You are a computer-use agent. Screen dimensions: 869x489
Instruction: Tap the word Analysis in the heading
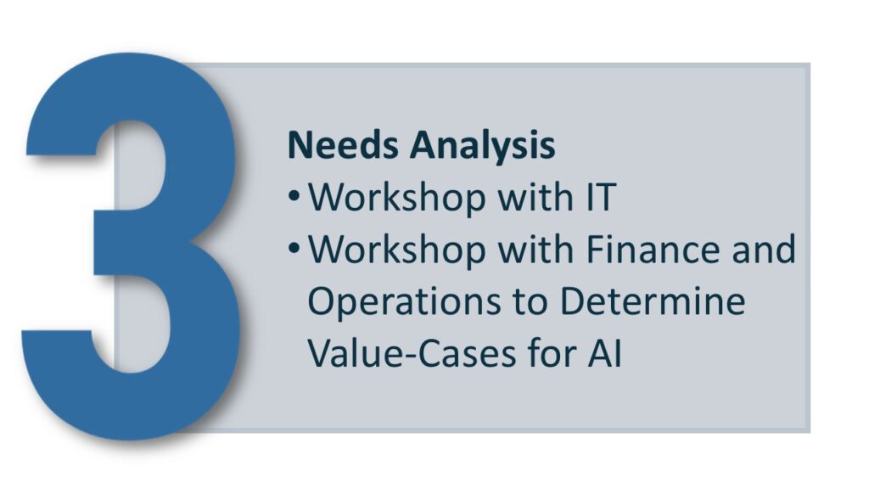482,146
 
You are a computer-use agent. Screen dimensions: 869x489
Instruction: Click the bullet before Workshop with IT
294,196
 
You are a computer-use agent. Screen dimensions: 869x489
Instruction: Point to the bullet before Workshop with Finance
294,249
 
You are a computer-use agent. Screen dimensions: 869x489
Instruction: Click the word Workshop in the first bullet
397,197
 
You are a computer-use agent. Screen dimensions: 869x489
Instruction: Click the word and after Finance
764,249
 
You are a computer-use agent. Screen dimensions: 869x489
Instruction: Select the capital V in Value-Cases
320,354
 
